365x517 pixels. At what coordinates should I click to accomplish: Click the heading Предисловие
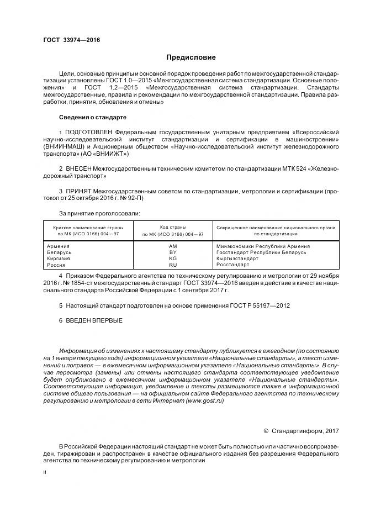click(191, 57)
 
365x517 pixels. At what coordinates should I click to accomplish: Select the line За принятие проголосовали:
click(99, 213)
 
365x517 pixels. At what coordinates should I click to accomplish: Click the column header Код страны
click(173, 227)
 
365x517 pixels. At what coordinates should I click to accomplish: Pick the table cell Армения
click(59, 246)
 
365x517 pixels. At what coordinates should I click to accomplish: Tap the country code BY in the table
click(173, 252)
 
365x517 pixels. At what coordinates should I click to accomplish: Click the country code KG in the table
click(173, 258)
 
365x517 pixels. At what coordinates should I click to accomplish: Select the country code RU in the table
click(173, 265)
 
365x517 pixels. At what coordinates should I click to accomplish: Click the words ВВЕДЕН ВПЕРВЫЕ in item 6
click(94, 320)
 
